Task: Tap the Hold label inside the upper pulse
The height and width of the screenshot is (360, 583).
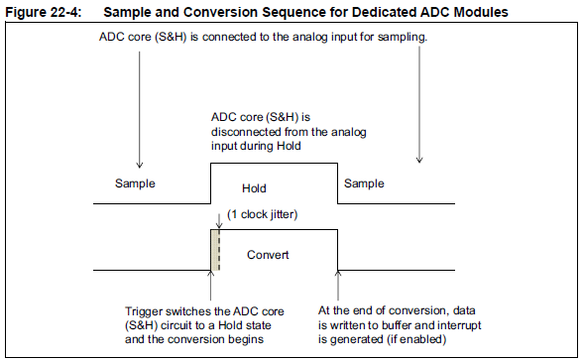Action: (255, 187)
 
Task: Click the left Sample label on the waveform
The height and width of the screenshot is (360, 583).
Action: (137, 184)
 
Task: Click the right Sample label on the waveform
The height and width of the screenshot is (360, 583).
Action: (365, 184)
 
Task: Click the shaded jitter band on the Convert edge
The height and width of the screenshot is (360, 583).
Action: (214, 250)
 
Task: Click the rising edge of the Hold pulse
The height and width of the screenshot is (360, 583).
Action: (209, 184)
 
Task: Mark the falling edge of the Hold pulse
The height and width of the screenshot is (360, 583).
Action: (339, 184)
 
